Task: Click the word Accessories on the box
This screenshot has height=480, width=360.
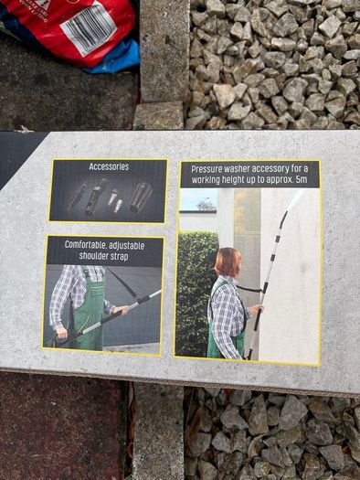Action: coord(109,166)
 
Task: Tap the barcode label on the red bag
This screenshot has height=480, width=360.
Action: coord(89,27)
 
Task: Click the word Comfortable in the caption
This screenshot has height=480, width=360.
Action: coord(83,245)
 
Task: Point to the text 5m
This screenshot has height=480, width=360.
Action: coord(302,180)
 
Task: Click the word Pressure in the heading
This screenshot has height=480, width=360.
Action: coord(206,169)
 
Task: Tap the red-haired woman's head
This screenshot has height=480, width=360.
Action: coord(228,262)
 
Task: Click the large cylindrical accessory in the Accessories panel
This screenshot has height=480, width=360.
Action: coord(141,197)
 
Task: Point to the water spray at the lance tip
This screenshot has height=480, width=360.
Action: coord(296,198)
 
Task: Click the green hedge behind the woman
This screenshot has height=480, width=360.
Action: coord(196,291)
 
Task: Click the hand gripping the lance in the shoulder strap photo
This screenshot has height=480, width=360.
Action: coord(122,310)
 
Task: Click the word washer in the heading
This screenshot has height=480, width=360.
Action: coord(236,169)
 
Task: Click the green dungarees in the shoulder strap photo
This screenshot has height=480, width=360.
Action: coord(89,309)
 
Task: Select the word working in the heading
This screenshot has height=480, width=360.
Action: coord(205,180)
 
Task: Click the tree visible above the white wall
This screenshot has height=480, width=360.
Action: coord(206,206)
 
